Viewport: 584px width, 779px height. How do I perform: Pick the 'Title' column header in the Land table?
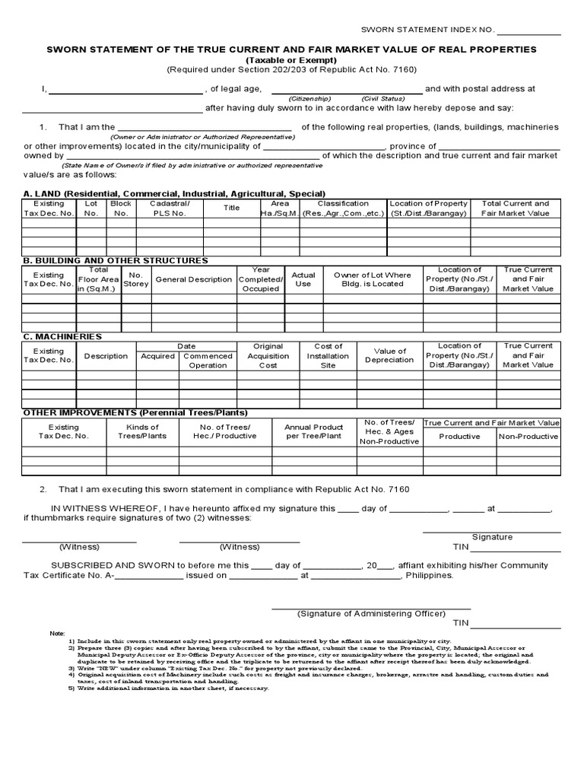coord(231,208)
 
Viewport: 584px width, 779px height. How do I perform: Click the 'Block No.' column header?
coord(121,208)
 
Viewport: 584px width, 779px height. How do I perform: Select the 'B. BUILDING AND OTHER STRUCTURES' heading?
coord(116,260)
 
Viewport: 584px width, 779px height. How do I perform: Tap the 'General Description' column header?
coord(194,279)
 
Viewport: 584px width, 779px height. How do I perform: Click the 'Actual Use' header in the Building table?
coord(303,279)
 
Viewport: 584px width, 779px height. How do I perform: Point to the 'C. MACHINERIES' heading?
coord(62,336)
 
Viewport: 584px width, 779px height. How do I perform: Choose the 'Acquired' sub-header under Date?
coord(157,356)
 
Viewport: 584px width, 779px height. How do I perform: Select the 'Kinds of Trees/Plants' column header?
coord(142,431)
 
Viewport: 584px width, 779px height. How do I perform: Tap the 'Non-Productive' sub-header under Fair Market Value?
coord(528,437)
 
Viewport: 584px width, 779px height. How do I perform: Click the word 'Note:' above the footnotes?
coord(58,633)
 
